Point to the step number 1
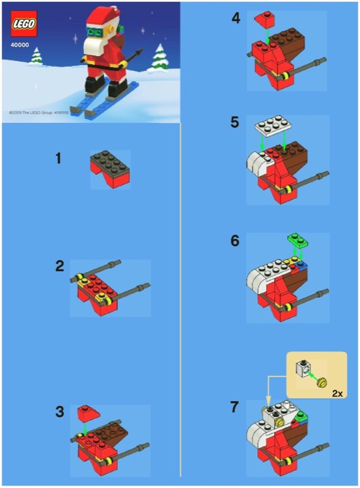tap(59, 158)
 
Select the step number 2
tap(60, 265)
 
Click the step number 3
tap(60, 411)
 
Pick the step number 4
tap(236, 18)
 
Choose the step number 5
tap(236, 122)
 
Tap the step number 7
tap(236, 407)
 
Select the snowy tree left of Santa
tap(36, 57)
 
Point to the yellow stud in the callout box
tap(321, 383)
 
